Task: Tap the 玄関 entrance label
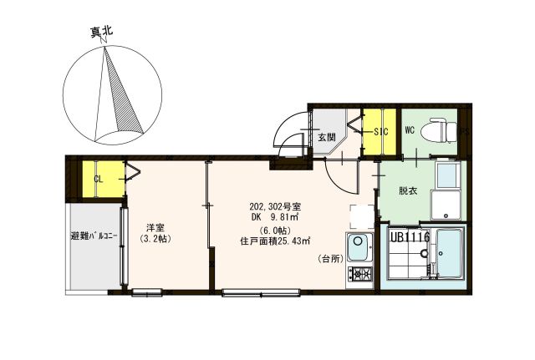point(326,138)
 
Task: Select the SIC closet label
point(381,132)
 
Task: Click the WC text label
point(410,130)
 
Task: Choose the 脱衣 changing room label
point(408,191)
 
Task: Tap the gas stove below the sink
point(360,274)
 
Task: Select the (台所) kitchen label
point(331,260)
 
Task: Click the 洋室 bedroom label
point(155,226)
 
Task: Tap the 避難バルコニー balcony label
point(92,236)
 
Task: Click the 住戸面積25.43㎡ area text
point(275,241)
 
